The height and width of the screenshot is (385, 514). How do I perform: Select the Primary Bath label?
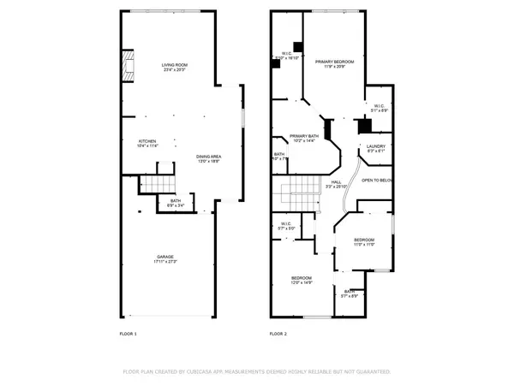pos(304,139)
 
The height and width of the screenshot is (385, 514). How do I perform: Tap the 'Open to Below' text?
pos(377,181)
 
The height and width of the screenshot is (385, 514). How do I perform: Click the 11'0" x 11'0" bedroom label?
pos(365,242)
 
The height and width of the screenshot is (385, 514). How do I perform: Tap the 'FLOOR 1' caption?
pos(128,334)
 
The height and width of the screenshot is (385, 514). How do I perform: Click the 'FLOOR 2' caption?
pos(278,334)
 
